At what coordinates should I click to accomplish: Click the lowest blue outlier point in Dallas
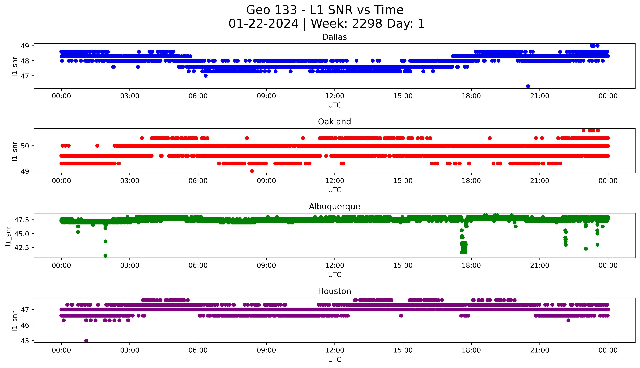point(528,86)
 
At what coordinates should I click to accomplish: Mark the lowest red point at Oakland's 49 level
point(252,171)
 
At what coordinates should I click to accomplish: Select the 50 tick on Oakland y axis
point(25,146)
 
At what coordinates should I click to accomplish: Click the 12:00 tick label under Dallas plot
point(334,96)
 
